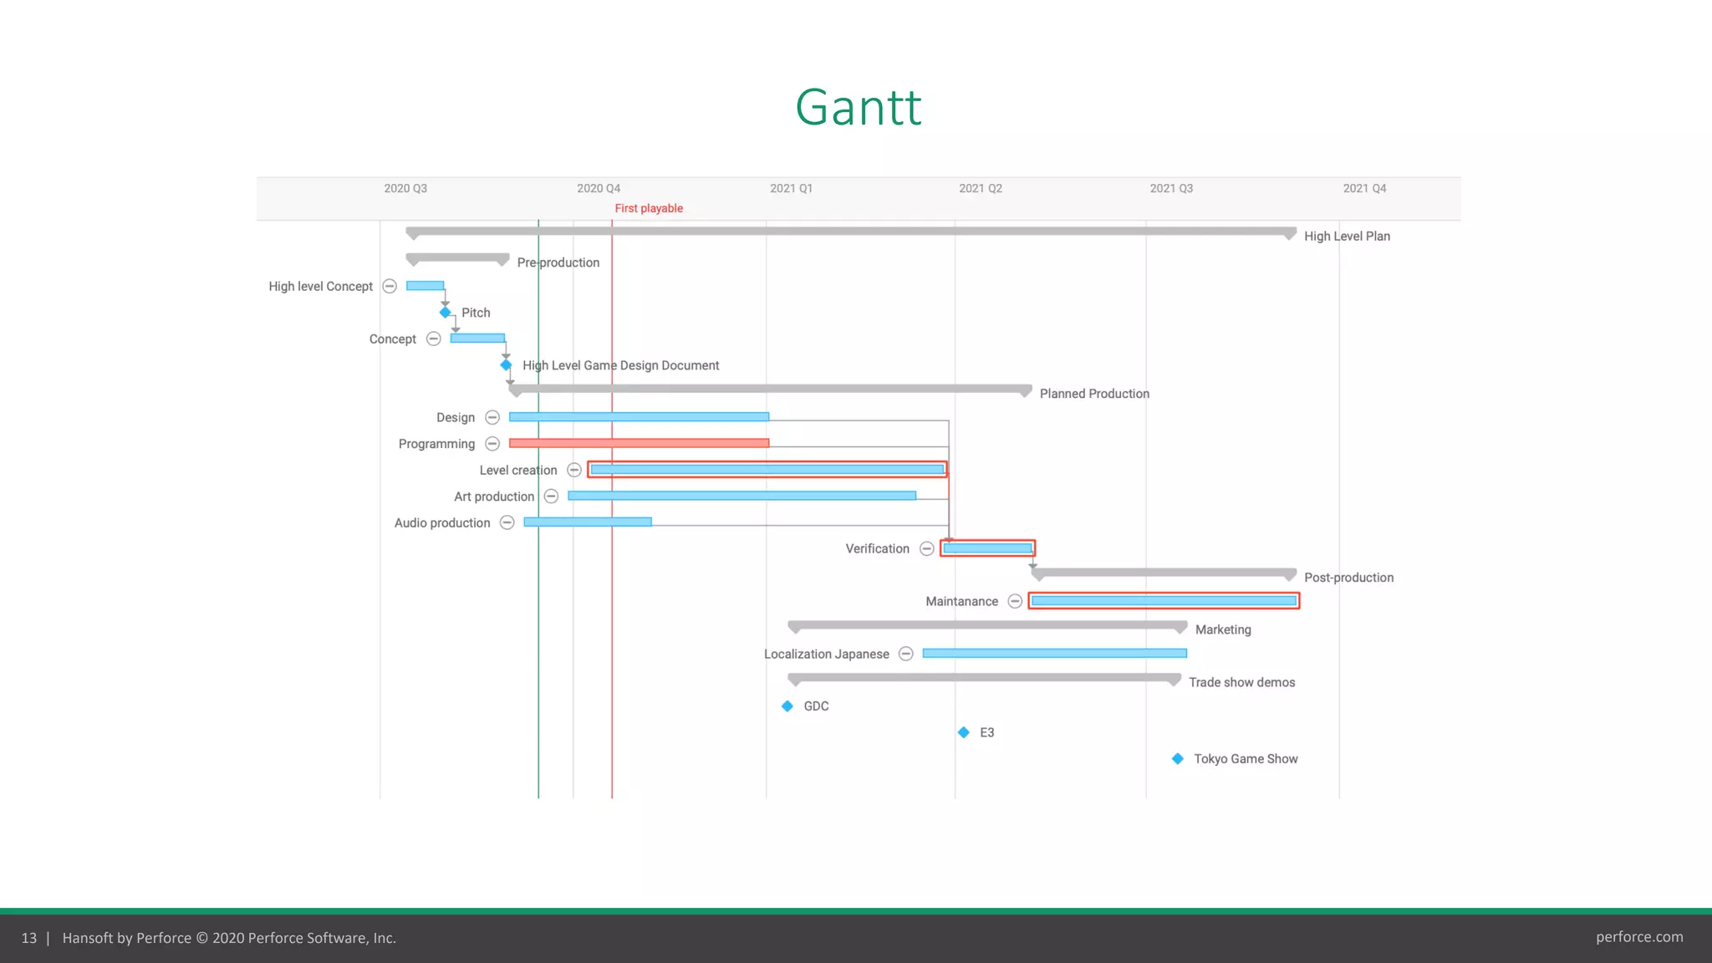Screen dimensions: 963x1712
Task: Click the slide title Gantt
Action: click(858, 108)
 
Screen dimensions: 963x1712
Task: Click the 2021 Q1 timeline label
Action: click(791, 189)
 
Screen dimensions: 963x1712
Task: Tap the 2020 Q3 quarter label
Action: click(405, 189)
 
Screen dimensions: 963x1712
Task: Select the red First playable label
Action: click(649, 208)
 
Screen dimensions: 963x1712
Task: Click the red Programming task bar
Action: click(639, 443)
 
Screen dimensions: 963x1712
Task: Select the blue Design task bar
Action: click(639, 416)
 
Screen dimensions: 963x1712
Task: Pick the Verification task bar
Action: click(987, 548)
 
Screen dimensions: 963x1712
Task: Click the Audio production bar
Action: click(588, 522)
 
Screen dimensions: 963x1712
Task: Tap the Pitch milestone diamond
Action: click(446, 313)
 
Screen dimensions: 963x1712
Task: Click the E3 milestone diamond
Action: click(964, 732)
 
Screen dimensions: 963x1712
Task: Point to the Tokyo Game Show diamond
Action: click(1178, 759)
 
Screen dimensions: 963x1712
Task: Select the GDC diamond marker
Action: click(787, 706)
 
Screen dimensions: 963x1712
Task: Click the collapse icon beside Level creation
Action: click(574, 471)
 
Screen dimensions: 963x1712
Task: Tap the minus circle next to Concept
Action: click(434, 339)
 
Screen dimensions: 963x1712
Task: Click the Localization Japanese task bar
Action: click(1054, 654)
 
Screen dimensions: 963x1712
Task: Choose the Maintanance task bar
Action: click(1164, 601)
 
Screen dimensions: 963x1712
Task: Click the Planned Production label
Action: click(1094, 394)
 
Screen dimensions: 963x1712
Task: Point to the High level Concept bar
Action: click(425, 286)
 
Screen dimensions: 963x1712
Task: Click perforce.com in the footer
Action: click(1639, 937)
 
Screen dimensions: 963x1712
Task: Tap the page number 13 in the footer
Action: click(29, 938)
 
